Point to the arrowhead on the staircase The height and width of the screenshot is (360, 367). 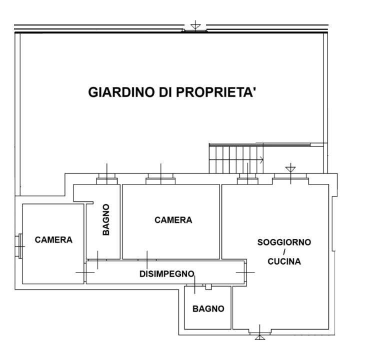pos(261,160)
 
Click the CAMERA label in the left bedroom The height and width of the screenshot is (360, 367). pos(53,240)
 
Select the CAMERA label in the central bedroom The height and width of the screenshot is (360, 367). pos(173,220)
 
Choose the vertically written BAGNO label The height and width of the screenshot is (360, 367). pos(106,219)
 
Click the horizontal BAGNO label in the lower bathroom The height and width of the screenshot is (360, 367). pos(208,309)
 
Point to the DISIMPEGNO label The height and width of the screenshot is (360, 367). pos(165,273)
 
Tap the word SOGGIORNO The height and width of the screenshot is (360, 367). pos(284,242)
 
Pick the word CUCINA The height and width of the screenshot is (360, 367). pos(284,261)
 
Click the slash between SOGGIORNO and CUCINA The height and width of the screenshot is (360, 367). pos(284,251)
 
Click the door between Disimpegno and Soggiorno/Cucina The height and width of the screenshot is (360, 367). pos(245,272)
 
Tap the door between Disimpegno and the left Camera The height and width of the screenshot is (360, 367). pos(85,272)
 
